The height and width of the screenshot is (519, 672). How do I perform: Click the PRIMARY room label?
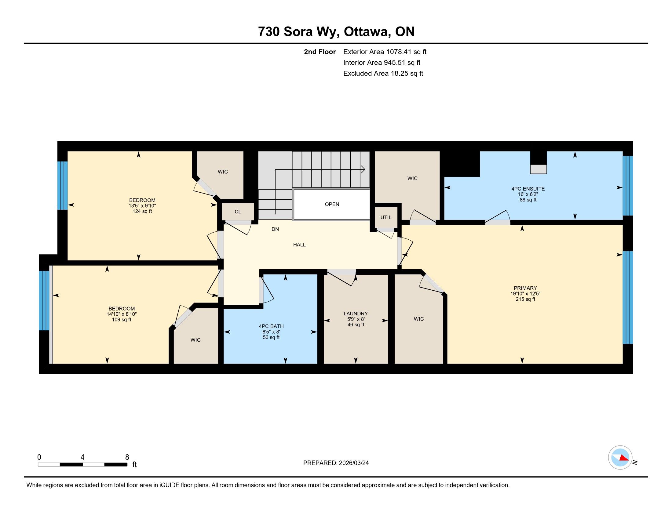click(x=525, y=288)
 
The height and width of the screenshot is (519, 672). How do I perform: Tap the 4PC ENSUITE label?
click(x=528, y=189)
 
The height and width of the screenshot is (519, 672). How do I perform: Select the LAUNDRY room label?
click(x=356, y=314)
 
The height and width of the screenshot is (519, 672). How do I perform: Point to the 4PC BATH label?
click(x=271, y=326)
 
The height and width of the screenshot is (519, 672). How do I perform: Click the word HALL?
click(x=299, y=245)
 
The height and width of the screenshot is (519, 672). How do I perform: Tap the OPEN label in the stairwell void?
click(x=332, y=204)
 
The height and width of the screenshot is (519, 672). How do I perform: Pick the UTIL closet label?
click(x=386, y=217)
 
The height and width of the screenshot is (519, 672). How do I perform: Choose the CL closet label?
click(x=238, y=212)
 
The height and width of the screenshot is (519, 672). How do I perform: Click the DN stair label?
click(x=275, y=229)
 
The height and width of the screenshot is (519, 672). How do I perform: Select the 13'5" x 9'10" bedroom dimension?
click(x=142, y=206)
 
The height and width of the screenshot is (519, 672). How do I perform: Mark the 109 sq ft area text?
click(x=122, y=319)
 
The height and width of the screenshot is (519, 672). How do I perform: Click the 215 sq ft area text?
click(x=525, y=299)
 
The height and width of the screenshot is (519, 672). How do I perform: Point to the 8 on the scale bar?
click(x=127, y=457)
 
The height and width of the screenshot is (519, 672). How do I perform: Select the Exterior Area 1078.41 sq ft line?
click(x=385, y=52)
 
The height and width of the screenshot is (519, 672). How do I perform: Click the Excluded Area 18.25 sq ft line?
click(x=383, y=73)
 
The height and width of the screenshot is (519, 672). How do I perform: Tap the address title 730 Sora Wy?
click(x=299, y=32)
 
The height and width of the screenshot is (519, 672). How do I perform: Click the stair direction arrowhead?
click(x=363, y=169)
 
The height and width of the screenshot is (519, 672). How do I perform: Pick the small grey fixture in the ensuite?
click(x=538, y=169)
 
